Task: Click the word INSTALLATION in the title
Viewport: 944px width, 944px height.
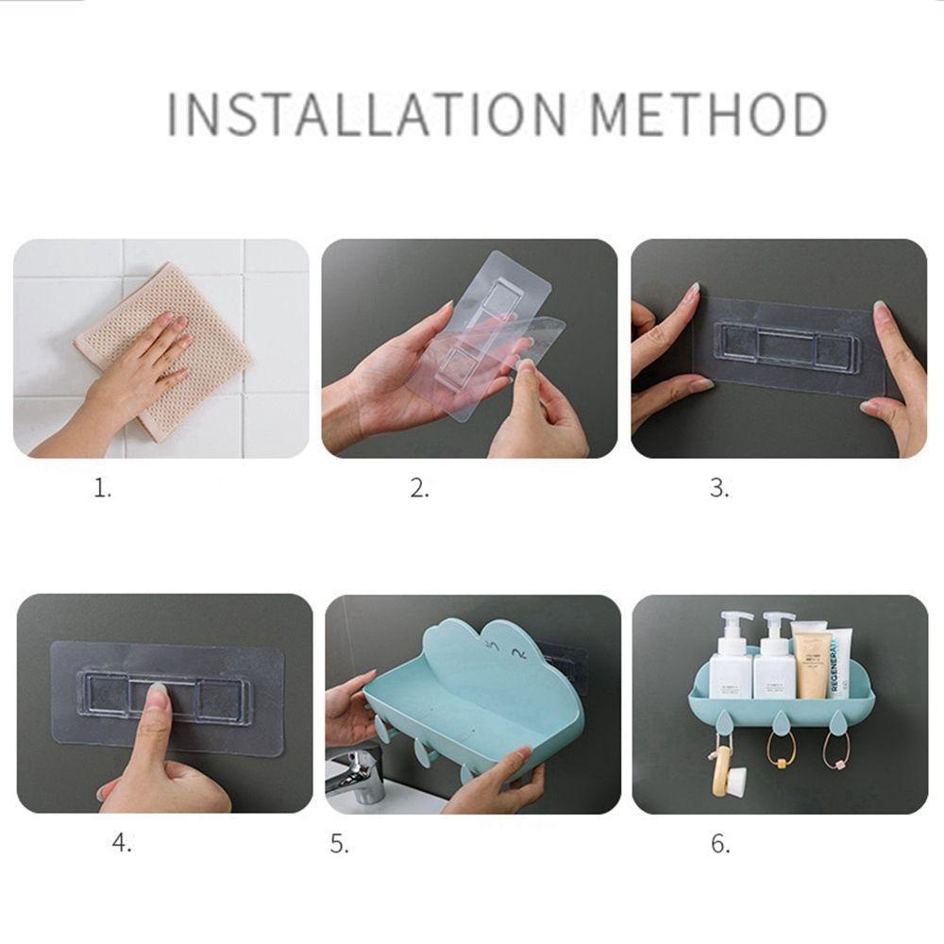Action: (x=366, y=113)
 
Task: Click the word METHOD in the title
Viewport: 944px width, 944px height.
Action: (x=709, y=113)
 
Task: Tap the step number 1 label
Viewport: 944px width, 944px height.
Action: (x=102, y=488)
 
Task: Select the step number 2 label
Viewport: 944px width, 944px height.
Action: (x=420, y=488)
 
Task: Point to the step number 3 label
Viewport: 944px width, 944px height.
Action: (x=718, y=488)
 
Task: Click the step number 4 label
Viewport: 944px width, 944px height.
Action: (x=122, y=843)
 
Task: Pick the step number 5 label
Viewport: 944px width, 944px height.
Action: (x=339, y=844)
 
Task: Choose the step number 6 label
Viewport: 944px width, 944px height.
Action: (x=720, y=844)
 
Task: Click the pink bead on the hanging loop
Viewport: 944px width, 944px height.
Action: (x=836, y=766)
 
